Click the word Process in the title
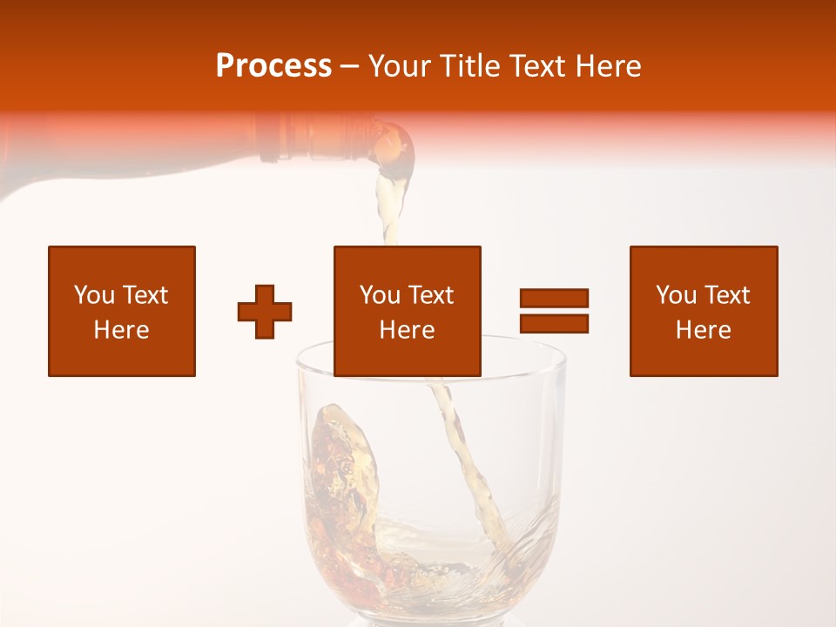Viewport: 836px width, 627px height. click(273, 66)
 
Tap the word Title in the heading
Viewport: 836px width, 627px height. click(471, 66)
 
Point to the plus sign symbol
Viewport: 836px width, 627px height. click(265, 312)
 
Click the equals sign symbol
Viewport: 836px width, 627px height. click(554, 311)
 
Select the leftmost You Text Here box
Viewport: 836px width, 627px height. click(122, 311)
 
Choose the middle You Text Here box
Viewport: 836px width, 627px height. click(408, 311)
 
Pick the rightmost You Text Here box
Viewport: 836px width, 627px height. click(704, 311)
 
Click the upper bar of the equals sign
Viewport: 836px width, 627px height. click(554, 298)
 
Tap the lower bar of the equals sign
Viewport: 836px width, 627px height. click(554, 324)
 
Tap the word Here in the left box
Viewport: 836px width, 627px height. click(122, 330)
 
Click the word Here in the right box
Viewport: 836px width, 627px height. click(704, 330)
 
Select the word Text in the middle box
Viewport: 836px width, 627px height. click(430, 295)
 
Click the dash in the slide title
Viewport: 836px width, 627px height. click(350, 66)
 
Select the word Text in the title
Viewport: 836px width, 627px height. click(538, 66)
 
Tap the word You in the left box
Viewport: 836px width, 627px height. click(94, 295)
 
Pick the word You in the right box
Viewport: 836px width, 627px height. click(676, 295)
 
